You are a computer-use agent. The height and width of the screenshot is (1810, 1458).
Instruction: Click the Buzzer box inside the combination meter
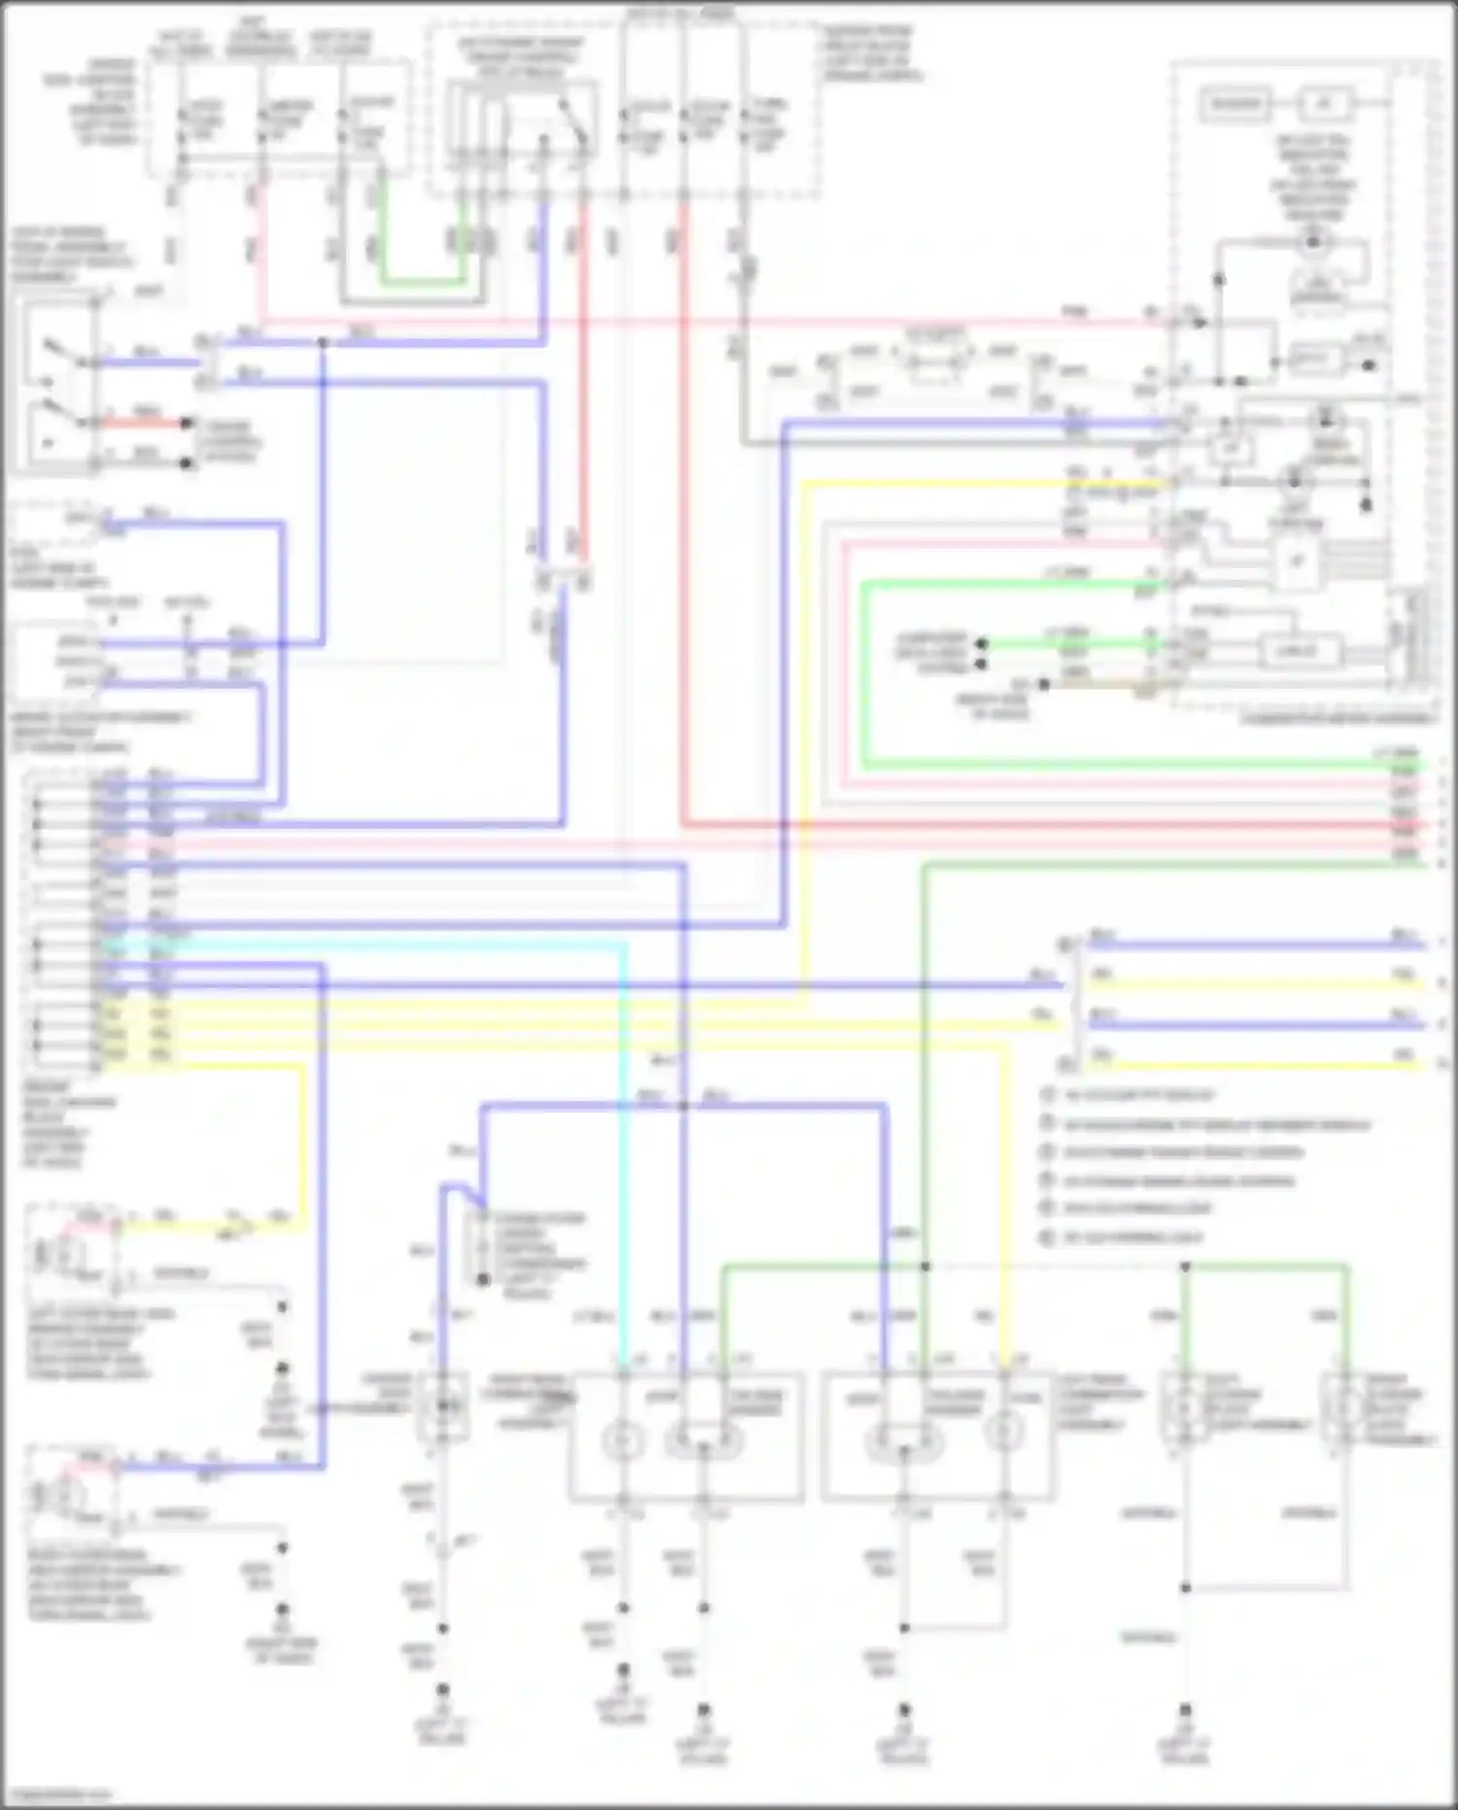(1235, 103)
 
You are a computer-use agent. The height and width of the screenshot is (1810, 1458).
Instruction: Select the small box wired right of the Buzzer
(1324, 103)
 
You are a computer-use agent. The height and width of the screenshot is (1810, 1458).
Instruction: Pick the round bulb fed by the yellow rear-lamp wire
(1003, 1433)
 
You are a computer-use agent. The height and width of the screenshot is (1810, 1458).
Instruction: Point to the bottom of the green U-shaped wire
(421, 283)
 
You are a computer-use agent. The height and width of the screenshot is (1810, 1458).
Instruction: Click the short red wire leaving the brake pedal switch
(146, 423)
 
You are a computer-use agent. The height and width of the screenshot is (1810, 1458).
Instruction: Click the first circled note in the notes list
(1048, 1095)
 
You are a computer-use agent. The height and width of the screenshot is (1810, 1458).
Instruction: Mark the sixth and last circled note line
(1048, 1238)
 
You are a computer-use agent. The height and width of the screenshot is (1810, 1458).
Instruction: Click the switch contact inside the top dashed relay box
(573, 122)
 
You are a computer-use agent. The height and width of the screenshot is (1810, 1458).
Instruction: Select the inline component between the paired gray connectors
(933, 360)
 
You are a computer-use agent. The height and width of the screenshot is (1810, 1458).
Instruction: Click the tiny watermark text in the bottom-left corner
(58, 1795)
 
